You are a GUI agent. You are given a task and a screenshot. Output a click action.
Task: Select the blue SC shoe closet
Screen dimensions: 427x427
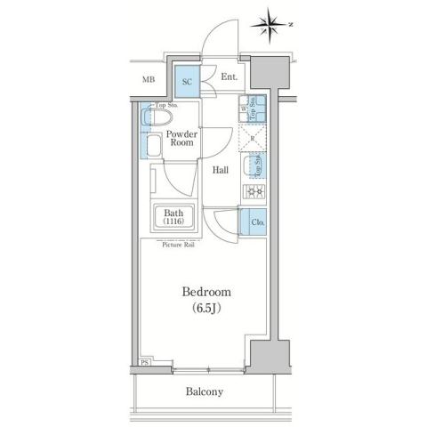click(x=187, y=82)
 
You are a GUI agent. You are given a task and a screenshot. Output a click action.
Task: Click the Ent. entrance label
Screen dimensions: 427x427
click(x=228, y=78)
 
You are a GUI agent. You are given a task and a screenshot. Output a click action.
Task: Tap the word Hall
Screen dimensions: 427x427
click(x=222, y=170)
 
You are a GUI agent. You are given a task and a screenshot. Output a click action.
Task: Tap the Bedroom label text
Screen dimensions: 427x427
click(x=206, y=292)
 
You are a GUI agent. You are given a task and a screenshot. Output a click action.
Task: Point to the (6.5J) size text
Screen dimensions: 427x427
click(x=206, y=310)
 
